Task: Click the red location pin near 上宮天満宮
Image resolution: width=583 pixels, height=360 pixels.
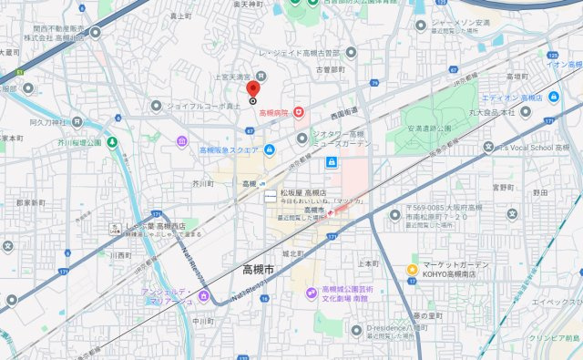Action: (253, 89)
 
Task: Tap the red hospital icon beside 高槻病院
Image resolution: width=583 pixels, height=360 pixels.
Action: (297, 113)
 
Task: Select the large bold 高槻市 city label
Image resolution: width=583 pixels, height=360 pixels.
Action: (264, 269)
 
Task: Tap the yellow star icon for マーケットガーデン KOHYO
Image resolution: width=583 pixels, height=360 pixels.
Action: (412, 270)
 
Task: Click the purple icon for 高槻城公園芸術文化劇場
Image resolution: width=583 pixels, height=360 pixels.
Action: (310, 293)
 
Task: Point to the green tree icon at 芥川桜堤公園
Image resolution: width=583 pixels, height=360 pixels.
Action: (111, 142)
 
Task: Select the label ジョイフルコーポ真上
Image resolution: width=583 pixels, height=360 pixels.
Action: (204, 106)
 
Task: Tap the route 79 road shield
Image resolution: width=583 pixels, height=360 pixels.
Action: (374, 83)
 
